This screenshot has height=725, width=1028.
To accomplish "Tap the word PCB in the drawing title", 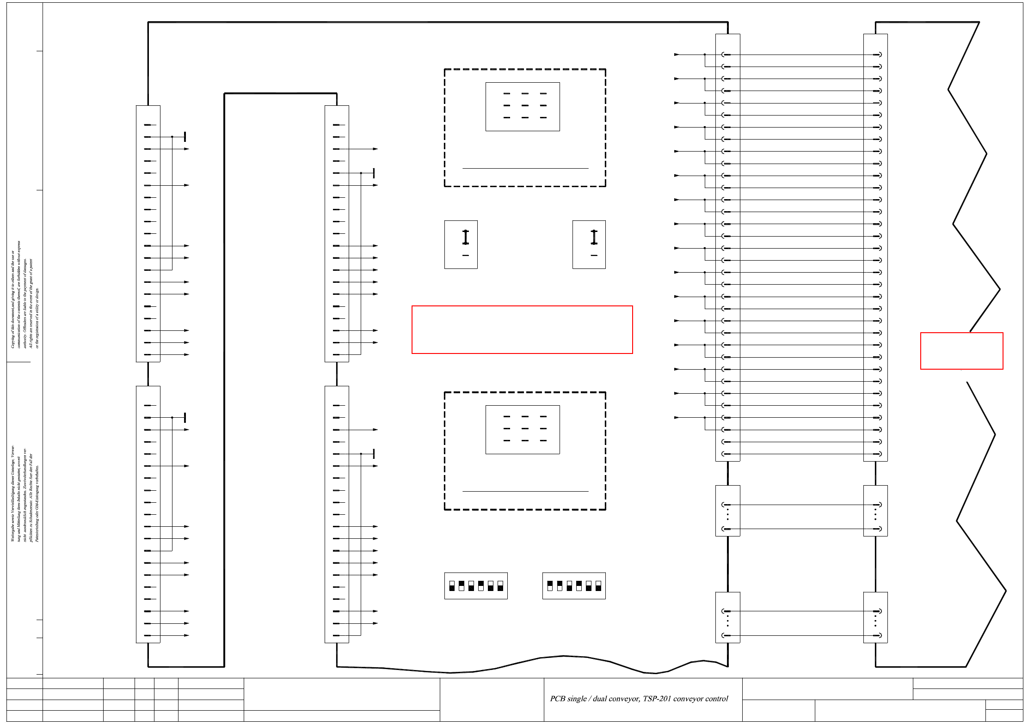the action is (x=558, y=699).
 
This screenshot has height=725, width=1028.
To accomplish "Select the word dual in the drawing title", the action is (x=601, y=699).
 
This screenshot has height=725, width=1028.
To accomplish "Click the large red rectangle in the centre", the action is (x=522, y=329).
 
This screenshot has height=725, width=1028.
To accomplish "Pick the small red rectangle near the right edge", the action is (x=961, y=351).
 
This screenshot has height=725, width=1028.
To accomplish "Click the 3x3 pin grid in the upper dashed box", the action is (x=523, y=106).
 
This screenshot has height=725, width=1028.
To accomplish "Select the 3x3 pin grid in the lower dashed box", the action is (x=523, y=429).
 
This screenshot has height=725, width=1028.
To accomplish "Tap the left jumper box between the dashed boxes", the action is (x=461, y=244).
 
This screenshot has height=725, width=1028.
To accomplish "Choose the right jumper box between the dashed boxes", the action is (x=589, y=244).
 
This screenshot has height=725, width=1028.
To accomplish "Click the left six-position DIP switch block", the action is (x=476, y=585).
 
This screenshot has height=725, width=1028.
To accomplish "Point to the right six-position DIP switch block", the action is (x=574, y=585).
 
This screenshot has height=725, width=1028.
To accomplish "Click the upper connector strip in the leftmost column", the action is (x=148, y=233).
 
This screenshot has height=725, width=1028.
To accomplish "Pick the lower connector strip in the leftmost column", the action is (x=148, y=514).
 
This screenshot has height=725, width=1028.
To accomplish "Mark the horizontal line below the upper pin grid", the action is (x=525, y=168).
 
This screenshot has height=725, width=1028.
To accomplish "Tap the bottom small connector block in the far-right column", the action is (x=875, y=617).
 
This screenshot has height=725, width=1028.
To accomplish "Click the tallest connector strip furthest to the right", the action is (x=875, y=247).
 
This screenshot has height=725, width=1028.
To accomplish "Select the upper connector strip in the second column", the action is (x=337, y=233).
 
